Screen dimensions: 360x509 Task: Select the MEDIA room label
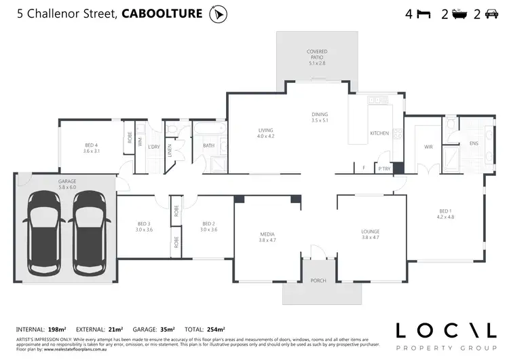267,236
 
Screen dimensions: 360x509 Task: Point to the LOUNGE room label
371,236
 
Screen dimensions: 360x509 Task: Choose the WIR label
428,147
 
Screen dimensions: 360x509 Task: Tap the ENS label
474,143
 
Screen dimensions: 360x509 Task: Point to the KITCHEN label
379,133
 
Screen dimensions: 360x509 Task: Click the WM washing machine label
140,142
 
